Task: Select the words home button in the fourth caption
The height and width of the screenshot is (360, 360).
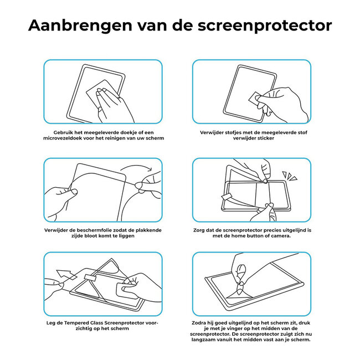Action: coord(245,235)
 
